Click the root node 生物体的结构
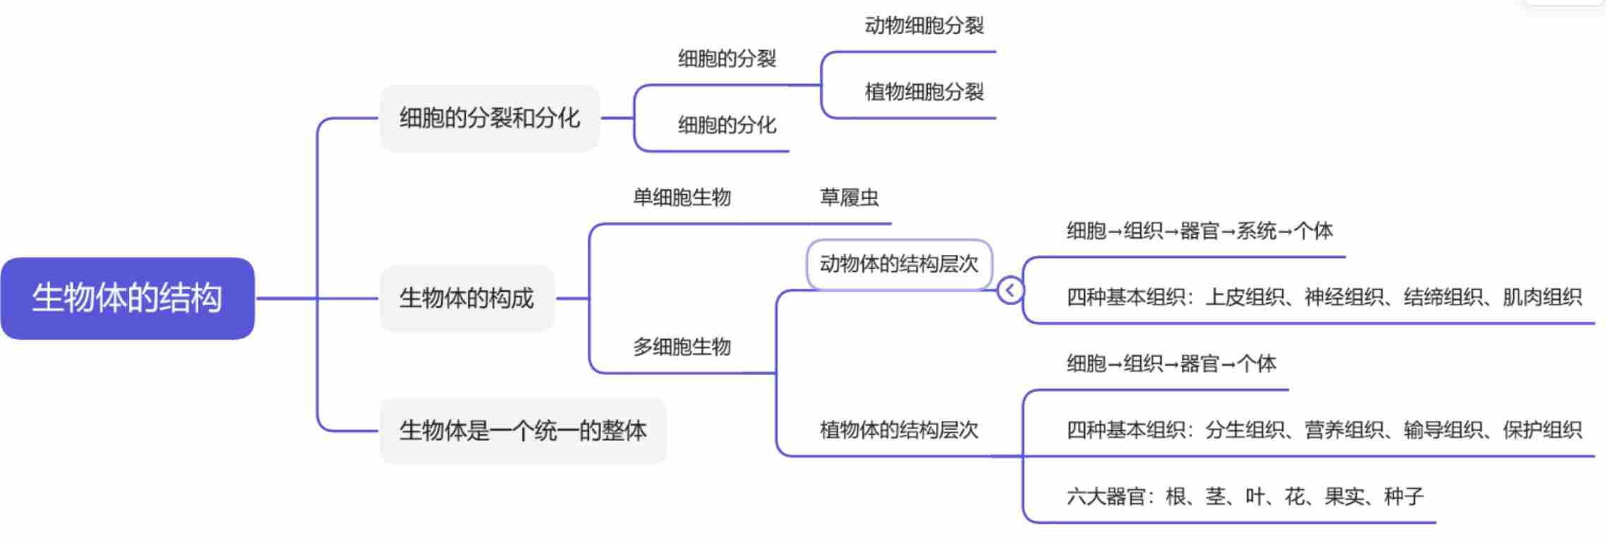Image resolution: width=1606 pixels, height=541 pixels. [127, 298]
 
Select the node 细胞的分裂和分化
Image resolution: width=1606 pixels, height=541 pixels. [489, 118]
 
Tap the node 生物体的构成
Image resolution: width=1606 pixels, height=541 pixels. [466, 298]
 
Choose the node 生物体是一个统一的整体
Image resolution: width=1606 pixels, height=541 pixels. [523, 430]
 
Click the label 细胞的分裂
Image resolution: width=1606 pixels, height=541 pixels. [727, 59]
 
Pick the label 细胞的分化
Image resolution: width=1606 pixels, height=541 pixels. [727, 125]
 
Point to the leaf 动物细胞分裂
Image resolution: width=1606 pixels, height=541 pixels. [924, 26]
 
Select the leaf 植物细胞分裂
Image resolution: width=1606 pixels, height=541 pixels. [924, 92]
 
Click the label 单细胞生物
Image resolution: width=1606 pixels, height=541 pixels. [682, 197]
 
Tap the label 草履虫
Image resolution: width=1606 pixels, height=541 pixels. [849, 197]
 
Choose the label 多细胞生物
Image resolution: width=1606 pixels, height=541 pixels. [682, 347]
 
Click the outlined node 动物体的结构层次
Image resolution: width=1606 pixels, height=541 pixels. [898, 264]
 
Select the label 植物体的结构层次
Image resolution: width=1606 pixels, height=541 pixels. [898, 430]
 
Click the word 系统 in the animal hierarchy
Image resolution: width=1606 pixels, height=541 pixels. [1256, 231]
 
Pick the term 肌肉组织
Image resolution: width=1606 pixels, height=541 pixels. [1542, 297]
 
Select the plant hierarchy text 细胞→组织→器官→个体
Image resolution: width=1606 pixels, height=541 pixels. [1171, 364]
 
